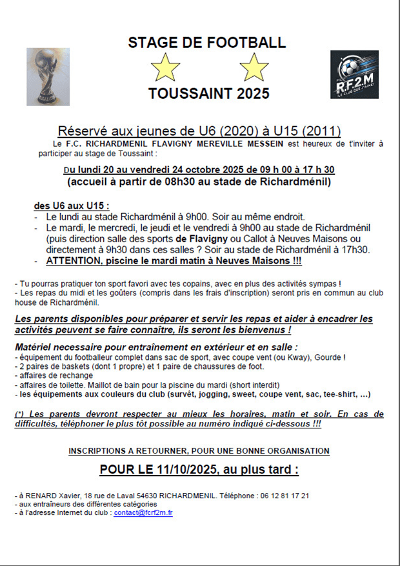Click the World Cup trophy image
click(x=47, y=76)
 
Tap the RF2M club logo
click(x=354, y=75)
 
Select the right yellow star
click(x=254, y=67)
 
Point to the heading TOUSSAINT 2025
click(x=208, y=94)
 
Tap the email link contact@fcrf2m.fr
click(x=143, y=513)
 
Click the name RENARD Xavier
click(x=46, y=496)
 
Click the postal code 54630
click(x=146, y=496)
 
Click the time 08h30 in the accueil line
click(x=181, y=182)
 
